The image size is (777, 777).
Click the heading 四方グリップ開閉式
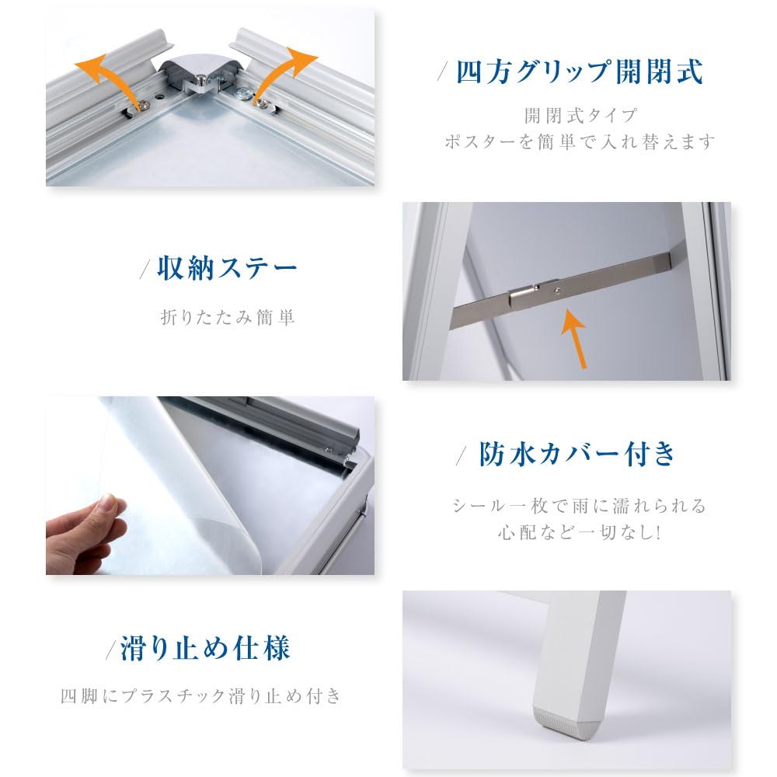pyautogui.click(x=580, y=72)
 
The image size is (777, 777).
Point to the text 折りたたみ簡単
pyautogui.click(x=228, y=318)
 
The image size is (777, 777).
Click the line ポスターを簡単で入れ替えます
pyautogui.click(x=579, y=143)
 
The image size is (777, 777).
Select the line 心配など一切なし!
pyautogui.click(x=579, y=534)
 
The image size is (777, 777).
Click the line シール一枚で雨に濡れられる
pyautogui.click(x=580, y=506)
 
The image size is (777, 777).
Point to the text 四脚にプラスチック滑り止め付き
pyautogui.click(x=201, y=696)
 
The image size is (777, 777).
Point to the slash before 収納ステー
pyautogui.click(x=145, y=271)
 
